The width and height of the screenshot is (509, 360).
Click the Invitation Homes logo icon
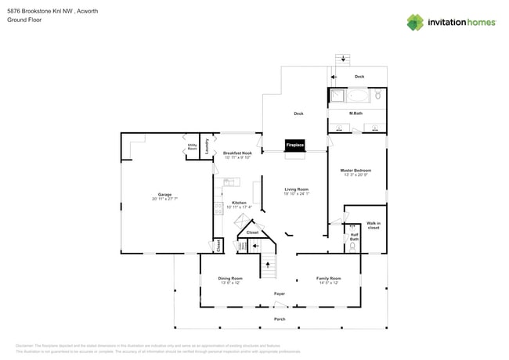pos(416,22)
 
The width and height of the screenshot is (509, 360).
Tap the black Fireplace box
pos(294,146)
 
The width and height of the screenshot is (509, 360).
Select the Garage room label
pos(164,196)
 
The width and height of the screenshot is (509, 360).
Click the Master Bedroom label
pos(356,171)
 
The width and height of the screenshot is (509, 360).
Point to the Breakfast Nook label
pos(237,155)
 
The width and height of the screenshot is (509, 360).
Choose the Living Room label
pos(296,191)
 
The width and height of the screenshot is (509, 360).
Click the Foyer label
pos(279,293)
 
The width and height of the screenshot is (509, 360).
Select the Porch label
pos(279,319)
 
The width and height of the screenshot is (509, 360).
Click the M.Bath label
pos(356,113)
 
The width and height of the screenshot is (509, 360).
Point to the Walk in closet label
pos(374,225)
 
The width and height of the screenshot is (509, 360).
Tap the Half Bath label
pos(354,236)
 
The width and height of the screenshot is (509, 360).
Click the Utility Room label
pos(192,146)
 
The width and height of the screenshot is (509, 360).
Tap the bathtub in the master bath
pos(356,97)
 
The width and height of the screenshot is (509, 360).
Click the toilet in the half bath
pos(354,247)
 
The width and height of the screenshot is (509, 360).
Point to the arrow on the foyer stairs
pos(269,266)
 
